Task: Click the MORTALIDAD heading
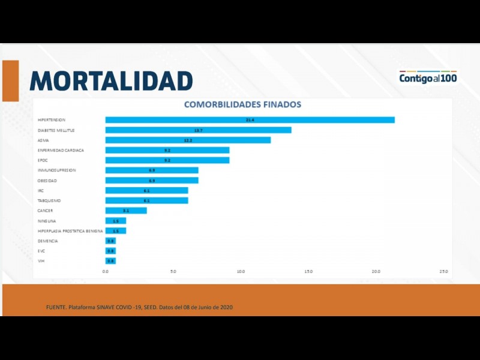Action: tap(111, 80)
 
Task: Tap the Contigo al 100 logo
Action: tap(428, 78)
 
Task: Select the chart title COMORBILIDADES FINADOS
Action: tap(242, 104)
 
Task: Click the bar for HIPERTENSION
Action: tap(250, 120)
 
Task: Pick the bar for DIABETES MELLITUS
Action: tap(198, 130)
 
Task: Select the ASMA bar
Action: tap(188, 140)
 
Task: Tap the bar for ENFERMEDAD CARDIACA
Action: tap(167, 150)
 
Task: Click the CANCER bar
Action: tap(126, 211)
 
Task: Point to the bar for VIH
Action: tap(110, 261)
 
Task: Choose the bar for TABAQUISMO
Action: tap(146, 200)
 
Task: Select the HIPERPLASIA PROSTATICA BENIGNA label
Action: tap(70, 231)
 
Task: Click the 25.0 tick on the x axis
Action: tap(443, 272)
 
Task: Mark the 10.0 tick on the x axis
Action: tap(241, 272)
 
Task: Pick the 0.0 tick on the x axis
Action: tap(106, 272)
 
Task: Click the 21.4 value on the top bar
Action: tap(250, 120)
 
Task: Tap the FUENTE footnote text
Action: tap(139, 307)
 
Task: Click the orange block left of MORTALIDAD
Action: tap(10, 80)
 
